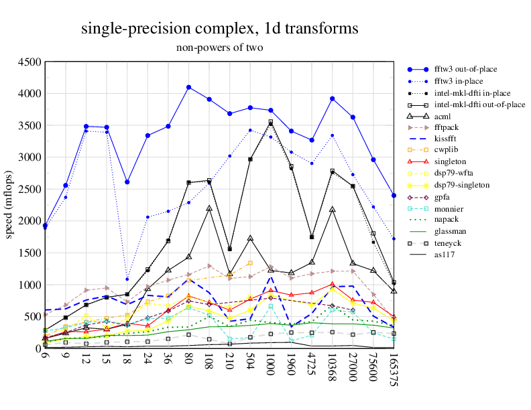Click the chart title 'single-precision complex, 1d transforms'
[x=219, y=29]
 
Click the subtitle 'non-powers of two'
[x=219, y=48]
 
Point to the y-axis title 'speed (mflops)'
[x=9, y=205]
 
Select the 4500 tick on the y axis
[x=30, y=62]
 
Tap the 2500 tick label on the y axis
[x=30, y=190]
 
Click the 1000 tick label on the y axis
[x=30, y=285]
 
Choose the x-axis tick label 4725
[x=312, y=364]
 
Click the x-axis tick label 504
[x=251, y=362]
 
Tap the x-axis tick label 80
[x=189, y=360]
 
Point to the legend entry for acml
[x=445, y=115]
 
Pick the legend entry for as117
[x=445, y=254]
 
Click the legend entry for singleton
[x=451, y=161]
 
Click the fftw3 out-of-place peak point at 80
[x=189, y=87]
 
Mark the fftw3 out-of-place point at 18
[x=127, y=182]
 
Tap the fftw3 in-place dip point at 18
[x=127, y=279]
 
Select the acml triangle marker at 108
[x=209, y=208]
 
